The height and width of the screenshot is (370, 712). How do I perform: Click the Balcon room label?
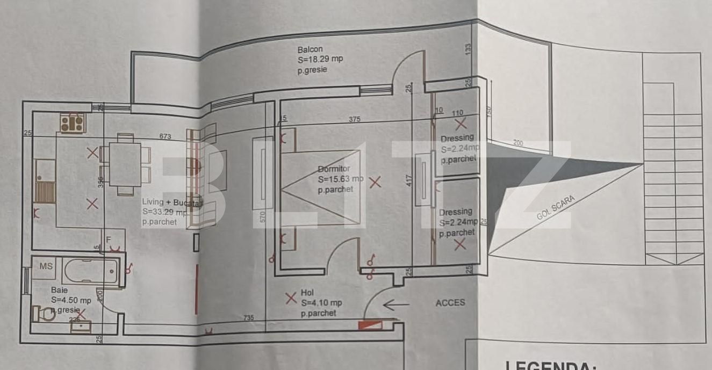point(310,49)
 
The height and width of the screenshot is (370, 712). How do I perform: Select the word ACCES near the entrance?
point(450,303)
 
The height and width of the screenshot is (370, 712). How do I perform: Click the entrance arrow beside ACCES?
point(397,306)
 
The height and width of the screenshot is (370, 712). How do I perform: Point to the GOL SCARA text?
point(556,208)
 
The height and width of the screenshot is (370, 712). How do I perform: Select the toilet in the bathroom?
point(44,313)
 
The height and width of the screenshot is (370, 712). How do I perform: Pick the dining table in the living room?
point(125,164)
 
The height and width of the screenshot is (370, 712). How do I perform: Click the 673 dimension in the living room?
point(165,137)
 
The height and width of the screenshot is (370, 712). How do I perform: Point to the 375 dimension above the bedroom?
point(354,119)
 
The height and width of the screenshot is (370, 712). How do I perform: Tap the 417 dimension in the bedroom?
point(409,180)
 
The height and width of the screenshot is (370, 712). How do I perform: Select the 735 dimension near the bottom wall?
point(248,318)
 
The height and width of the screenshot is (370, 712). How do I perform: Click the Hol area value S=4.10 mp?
point(321,303)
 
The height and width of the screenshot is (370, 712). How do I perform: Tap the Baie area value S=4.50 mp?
point(71,301)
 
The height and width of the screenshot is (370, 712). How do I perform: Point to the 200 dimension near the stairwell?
point(517,143)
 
